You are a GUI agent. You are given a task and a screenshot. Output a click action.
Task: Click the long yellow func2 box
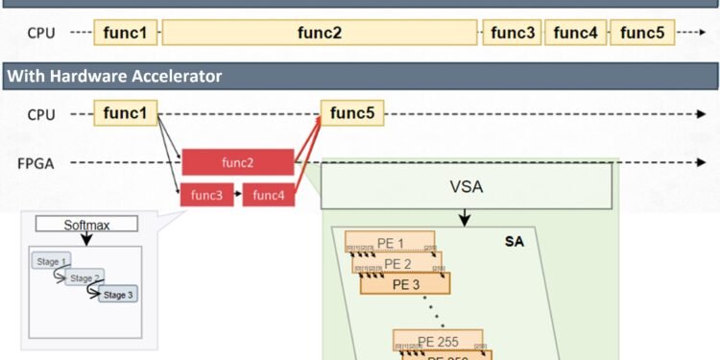(x=320, y=33)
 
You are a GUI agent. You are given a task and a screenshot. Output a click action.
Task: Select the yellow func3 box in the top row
(x=513, y=33)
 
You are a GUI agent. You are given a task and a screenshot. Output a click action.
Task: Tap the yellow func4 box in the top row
(x=576, y=33)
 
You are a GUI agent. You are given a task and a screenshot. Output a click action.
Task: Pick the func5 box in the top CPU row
(x=642, y=33)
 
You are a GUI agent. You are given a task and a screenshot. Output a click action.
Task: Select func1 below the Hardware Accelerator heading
(x=126, y=114)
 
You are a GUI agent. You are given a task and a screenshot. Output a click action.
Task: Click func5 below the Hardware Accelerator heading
(x=352, y=114)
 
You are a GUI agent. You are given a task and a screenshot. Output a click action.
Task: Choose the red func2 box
(x=237, y=163)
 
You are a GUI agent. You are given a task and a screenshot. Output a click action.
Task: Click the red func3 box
(x=206, y=196)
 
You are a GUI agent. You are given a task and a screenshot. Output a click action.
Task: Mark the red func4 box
(x=269, y=196)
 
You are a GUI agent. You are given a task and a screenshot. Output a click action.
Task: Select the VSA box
(x=467, y=186)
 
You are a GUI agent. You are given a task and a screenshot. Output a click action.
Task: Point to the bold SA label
(x=514, y=242)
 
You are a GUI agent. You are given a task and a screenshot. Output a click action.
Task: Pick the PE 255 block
(x=438, y=340)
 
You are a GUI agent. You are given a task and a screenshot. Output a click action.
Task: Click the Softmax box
(x=86, y=225)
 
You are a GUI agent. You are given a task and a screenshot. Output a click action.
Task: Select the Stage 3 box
(x=118, y=294)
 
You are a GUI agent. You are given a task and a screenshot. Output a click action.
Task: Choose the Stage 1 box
(x=50, y=262)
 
